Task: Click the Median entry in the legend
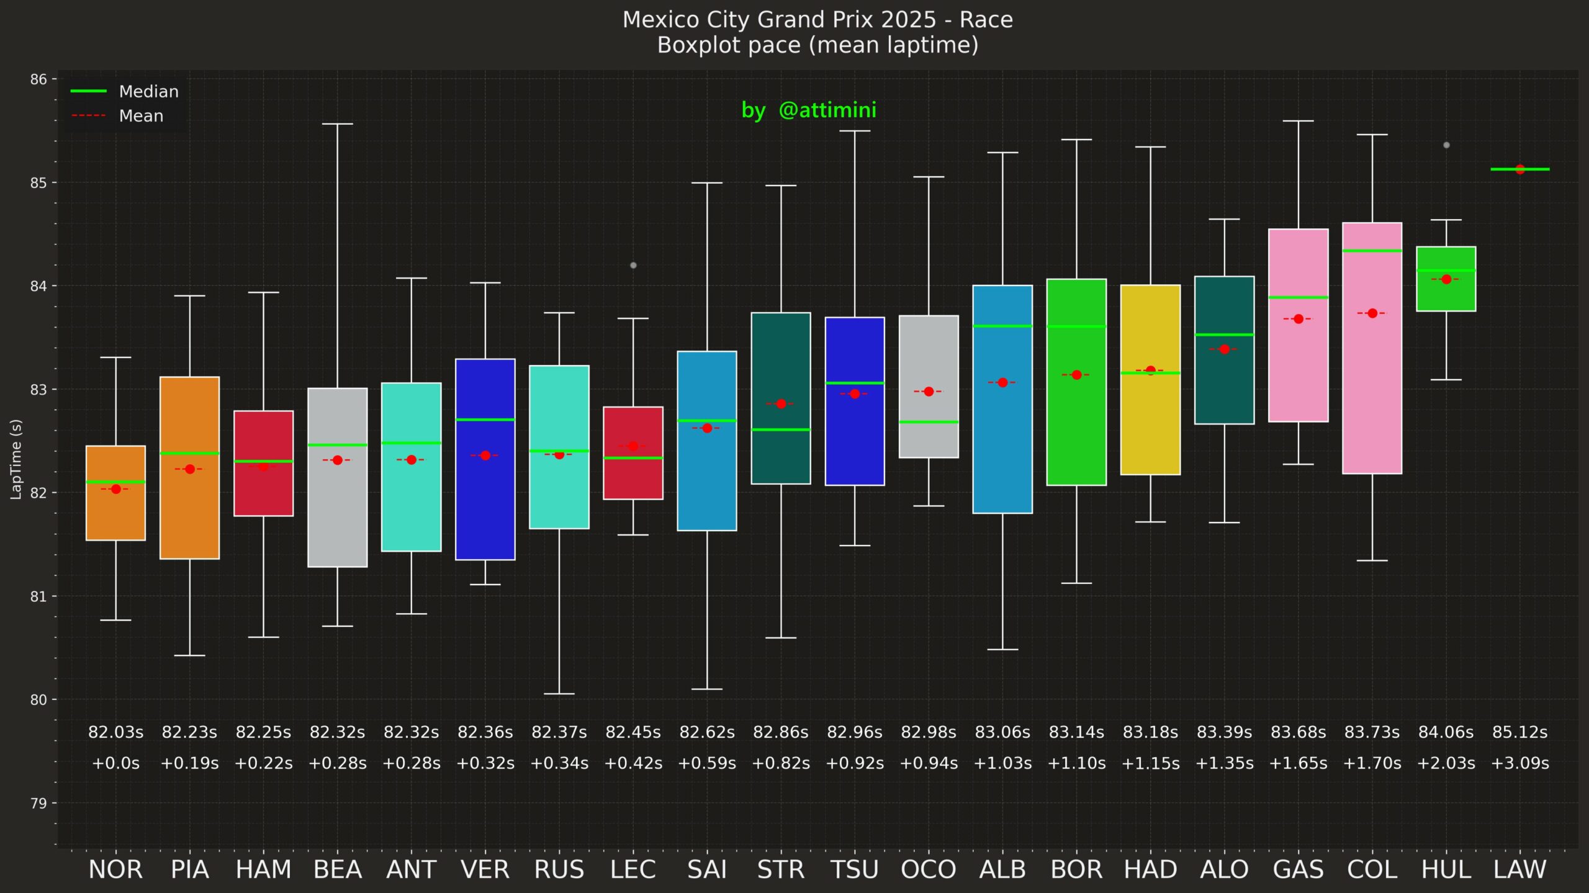click(148, 92)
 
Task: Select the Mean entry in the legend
click(141, 116)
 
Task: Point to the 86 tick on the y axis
click(38, 79)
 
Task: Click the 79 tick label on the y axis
click(38, 803)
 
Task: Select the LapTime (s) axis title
click(16, 459)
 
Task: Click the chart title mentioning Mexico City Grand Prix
click(817, 20)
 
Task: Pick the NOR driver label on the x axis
click(115, 869)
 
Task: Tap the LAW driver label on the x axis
click(1519, 869)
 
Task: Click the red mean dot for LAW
click(1520, 169)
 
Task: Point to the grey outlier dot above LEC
click(633, 266)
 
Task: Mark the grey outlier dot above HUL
click(1446, 145)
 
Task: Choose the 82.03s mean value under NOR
click(115, 732)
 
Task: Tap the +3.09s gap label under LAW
click(1519, 763)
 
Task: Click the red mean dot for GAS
click(1299, 319)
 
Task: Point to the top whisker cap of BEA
click(338, 124)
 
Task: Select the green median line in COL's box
click(1372, 251)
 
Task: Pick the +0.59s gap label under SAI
click(707, 763)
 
